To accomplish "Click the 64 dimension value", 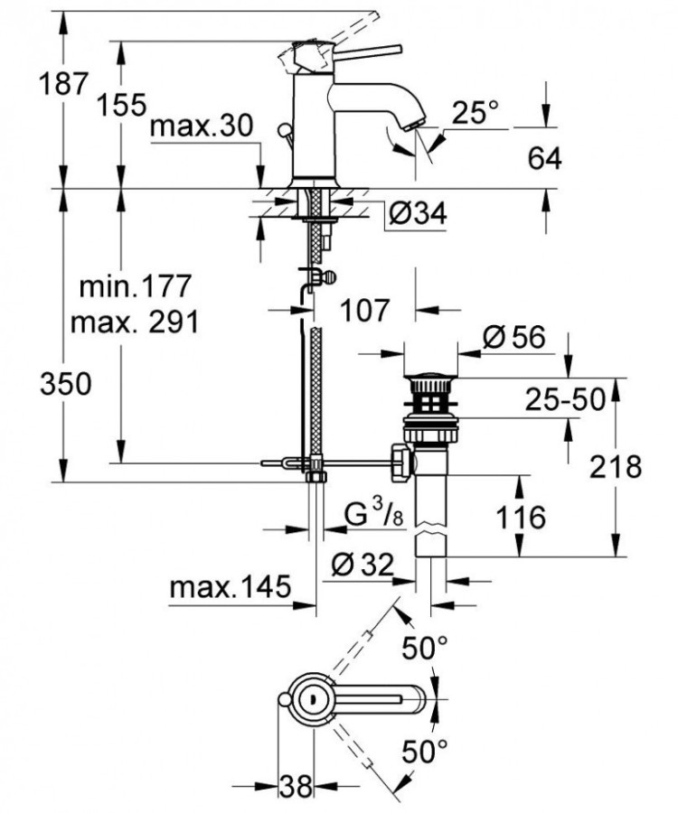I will [x=542, y=158].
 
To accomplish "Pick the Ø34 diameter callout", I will [x=419, y=214].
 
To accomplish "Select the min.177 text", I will [x=136, y=287].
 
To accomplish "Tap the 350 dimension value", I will [x=62, y=385].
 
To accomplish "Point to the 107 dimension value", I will [x=364, y=310].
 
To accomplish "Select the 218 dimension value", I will [x=617, y=467].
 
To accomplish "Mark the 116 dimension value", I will [x=521, y=518].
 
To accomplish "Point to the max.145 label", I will [x=231, y=588].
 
